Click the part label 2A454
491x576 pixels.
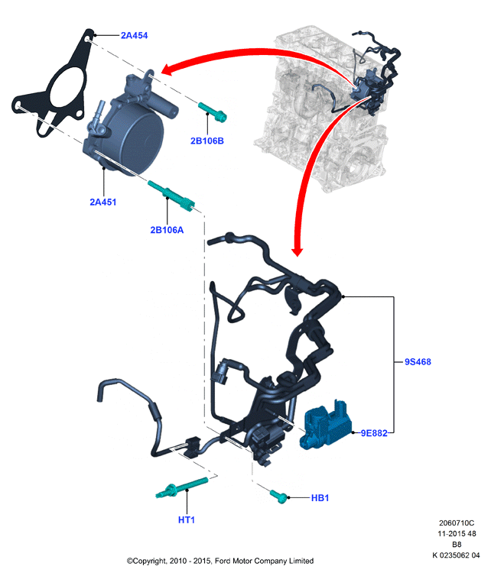click(135, 36)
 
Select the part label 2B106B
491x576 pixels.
click(207, 141)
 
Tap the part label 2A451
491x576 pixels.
click(103, 202)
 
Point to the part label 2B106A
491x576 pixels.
click(167, 230)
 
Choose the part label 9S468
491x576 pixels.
click(418, 362)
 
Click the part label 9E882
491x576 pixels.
click(374, 433)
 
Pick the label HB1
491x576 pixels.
click(320, 498)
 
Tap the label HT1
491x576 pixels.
click(187, 519)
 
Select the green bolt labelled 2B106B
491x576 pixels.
click(213, 112)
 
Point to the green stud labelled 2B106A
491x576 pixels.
click(171, 195)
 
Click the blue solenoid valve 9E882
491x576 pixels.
click(326, 426)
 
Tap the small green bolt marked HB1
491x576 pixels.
click(278, 496)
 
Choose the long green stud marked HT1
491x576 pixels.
click(182, 487)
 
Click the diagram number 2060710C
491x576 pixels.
click(457, 523)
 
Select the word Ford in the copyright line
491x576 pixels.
click(223, 561)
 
